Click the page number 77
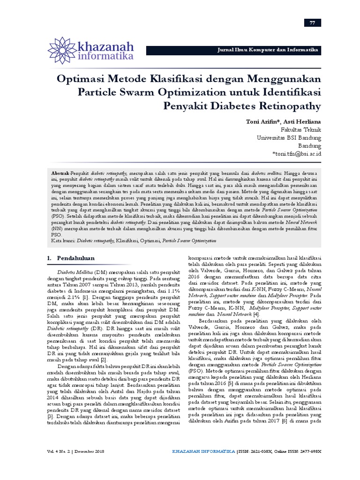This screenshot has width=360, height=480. [x=312, y=23]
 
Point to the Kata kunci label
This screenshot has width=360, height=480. [x=63, y=240]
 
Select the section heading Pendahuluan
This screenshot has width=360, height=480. [x=76, y=258]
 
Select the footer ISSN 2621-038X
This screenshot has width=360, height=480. [x=262, y=451]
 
